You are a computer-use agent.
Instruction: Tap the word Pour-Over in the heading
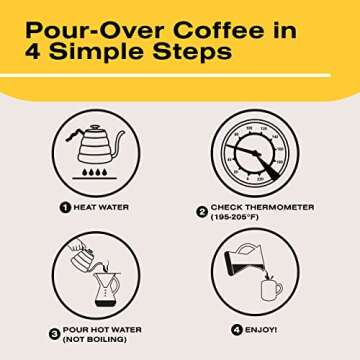click(84, 24)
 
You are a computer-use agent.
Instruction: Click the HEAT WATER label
click(101, 207)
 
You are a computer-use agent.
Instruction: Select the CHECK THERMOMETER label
click(261, 207)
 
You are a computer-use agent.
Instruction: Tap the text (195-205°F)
click(238, 218)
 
